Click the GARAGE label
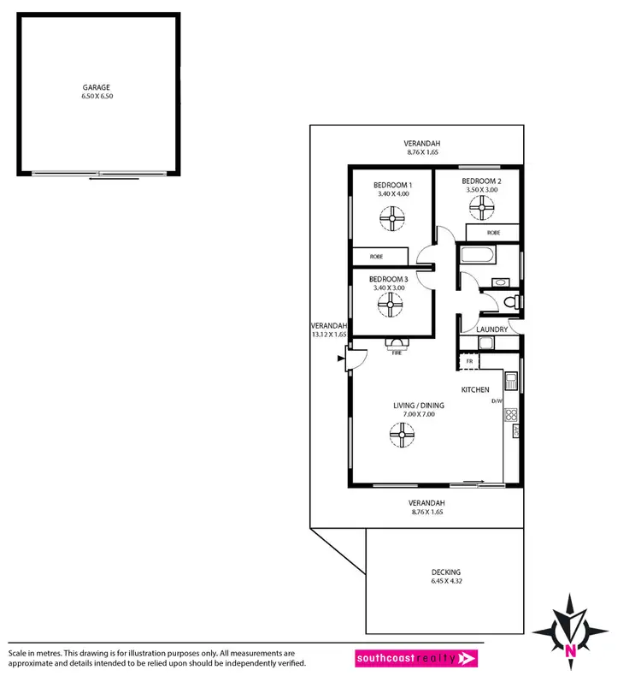97,87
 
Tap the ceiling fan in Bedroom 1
393,221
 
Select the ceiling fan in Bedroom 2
483,205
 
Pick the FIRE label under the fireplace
397,353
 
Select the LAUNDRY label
492,329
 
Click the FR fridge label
470,362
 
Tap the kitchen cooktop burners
511,415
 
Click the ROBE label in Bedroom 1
376,257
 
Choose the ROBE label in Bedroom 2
493,232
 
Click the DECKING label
445,572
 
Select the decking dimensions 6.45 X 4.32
445,582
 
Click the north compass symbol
570,629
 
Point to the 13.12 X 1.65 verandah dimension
329,335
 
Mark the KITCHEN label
475,390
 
